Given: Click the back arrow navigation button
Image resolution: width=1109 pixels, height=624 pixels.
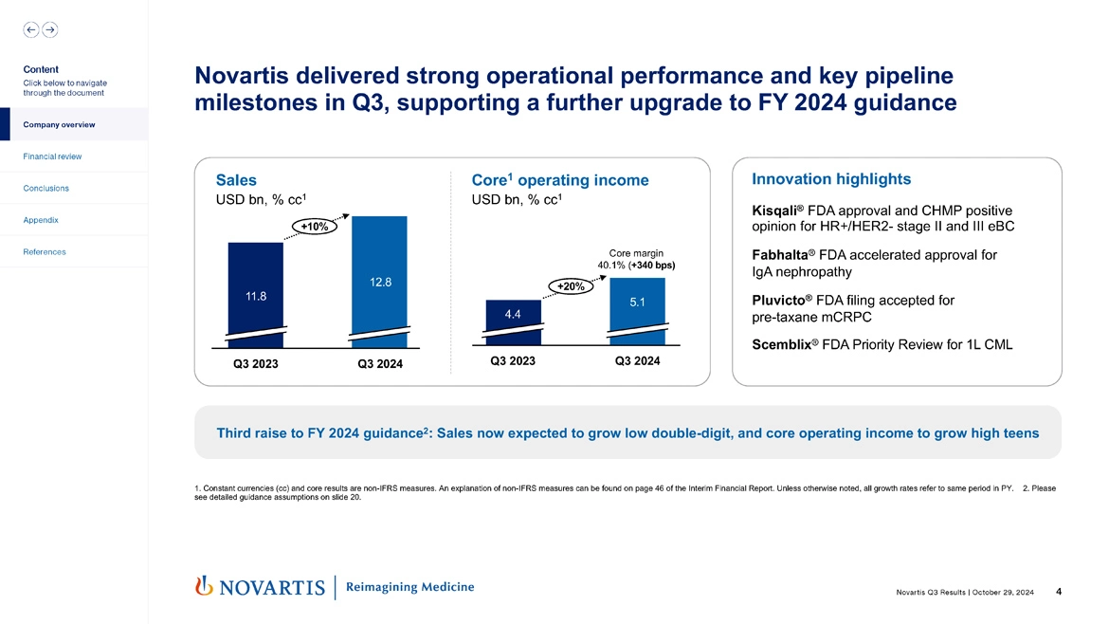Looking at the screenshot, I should [x=31, y=29].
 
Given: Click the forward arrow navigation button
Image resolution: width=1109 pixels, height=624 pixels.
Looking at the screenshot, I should [x=49, y=29].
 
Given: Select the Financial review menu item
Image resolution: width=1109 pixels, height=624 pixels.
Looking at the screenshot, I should [x=53, y=156].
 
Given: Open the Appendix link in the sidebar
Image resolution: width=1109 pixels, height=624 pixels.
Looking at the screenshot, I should [x=41, y=220].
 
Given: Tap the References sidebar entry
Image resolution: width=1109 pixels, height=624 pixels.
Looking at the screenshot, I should [x=45, y=252].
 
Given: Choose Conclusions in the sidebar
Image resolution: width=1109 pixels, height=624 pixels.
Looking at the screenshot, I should [x=45, y=188].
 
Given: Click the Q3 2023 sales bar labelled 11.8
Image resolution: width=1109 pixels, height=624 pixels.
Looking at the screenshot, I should [x=256, y=289].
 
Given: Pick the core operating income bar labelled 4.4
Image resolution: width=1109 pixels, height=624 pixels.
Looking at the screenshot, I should [x=513, y=318].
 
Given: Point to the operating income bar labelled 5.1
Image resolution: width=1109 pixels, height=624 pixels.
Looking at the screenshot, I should [x=637, y=305].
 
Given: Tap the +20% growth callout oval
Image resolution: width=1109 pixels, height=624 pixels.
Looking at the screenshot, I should [x=570, y=285].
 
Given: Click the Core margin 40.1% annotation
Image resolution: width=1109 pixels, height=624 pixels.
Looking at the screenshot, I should [x=636, y=259].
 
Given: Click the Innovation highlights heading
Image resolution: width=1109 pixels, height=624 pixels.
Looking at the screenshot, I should [x=830, y=179].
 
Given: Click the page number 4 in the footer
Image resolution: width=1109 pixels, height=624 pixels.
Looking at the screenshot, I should [x=1058, y=592].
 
